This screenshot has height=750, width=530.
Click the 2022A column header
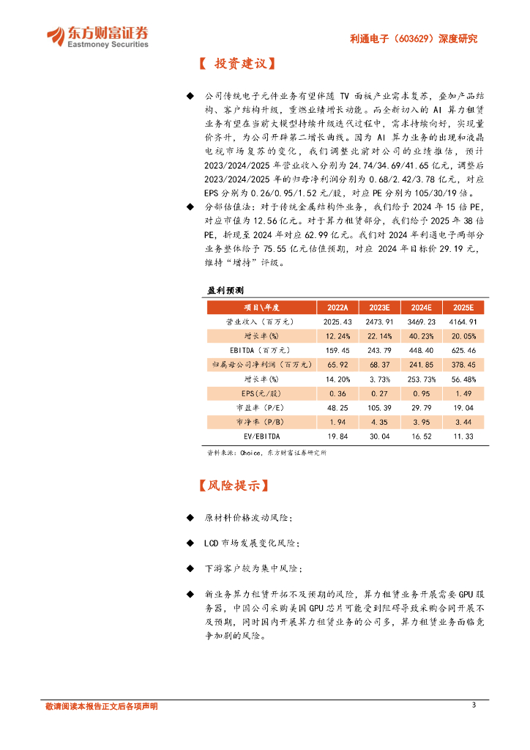[337, 307]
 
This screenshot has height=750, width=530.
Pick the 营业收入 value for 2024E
[421, 322]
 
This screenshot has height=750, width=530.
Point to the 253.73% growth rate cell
[421, 379]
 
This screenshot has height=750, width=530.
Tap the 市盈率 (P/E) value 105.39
[379, 408]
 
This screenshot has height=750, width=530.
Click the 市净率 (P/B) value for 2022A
[337, 423]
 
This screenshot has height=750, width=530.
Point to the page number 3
[474, 705]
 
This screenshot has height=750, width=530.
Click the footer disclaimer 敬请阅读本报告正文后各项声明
[101, 706]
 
